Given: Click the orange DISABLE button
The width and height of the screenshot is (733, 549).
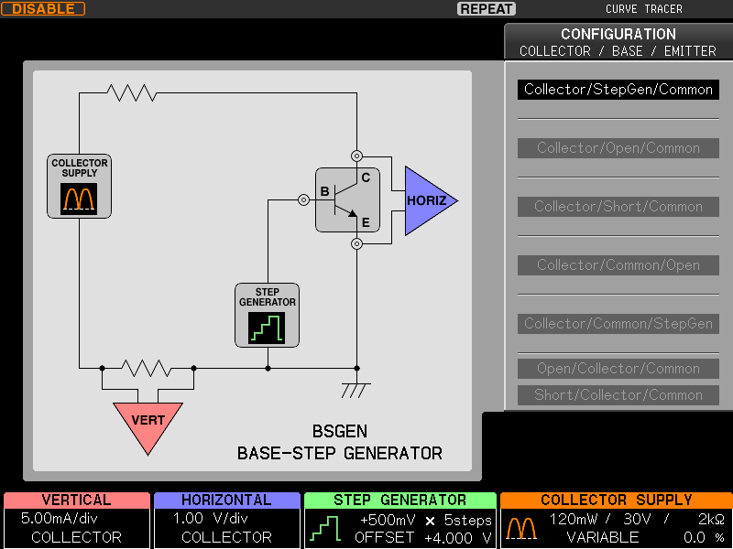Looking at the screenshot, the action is pyautogui.click(x=43, y=9).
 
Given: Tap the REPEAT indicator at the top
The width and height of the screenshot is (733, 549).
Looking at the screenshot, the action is pyautogui.click(x=487, y=9).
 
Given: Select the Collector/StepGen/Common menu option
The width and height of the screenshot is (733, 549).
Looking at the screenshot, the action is pyautogui.click(x=618, y=89).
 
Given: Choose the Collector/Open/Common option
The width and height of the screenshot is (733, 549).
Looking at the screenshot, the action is pyautogui.click(x=618, y=148).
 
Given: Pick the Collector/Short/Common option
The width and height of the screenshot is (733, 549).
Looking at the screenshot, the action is pyautogui.click(x=618, y=207).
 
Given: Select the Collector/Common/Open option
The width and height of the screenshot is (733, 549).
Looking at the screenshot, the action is pyautogui.click(x=618, y=265).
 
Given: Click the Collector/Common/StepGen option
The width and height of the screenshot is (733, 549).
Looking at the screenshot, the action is pyautogui.click(x=618, y=324).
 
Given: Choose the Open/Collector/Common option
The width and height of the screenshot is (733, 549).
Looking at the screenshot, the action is pyautogui.click(x=618, y=369).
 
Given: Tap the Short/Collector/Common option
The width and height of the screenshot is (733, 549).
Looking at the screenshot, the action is pyautogui.click(x=618, y=395).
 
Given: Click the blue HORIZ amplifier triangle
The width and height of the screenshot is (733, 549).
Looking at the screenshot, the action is pyautogui.click(x=425, y=200).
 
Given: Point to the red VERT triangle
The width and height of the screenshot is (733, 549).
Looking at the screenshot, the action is pyautogui.click(x=148, y=423).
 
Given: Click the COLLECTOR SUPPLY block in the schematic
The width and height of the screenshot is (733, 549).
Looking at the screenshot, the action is pyautogui.click(x=79, y=187).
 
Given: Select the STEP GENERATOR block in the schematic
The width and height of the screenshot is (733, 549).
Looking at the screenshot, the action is pyautogui.click(x=267, y=315).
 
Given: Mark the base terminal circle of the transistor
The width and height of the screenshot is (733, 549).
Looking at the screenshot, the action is pyautogui.click(x=303, y=200).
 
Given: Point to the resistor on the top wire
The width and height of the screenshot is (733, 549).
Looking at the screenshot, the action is pyautogui.click(x=132, y=93).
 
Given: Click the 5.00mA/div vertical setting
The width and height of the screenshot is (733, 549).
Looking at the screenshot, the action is pyautogui.click(x=60, y=519).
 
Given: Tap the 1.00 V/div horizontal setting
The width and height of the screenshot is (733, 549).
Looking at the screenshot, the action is pyautogui.click(x=211, y=519).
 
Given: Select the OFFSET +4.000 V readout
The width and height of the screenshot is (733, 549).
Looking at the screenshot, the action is pyautogui.click(x=423, y=538).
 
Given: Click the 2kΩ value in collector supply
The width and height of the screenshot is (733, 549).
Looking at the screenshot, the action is pyautogui.click(x=711, y=519).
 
